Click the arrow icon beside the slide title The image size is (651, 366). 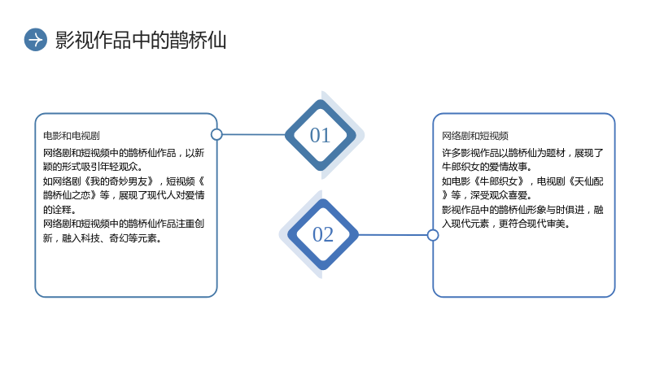click(x=36, y=40)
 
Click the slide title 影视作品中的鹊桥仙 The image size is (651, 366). click(x=141, y=40)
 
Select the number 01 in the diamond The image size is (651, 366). click(x=320, y=135)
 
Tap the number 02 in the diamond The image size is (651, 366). click(x=323, y=234)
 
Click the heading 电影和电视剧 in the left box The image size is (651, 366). click(x=72, y=136)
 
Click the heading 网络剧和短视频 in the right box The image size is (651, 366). click(x=475, y=136)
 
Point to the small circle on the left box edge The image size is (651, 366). click(x=216, y=134)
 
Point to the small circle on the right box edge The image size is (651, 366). click(x=433, y=235)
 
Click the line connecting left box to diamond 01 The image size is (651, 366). click(x=254, y=134)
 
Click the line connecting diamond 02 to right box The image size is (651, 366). click(x=392, y=235)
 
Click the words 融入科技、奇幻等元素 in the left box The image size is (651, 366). click(x=109, y=238)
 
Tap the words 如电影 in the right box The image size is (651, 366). click(x=456, y=181)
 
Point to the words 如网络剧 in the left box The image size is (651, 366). click(x=62, y=181)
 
